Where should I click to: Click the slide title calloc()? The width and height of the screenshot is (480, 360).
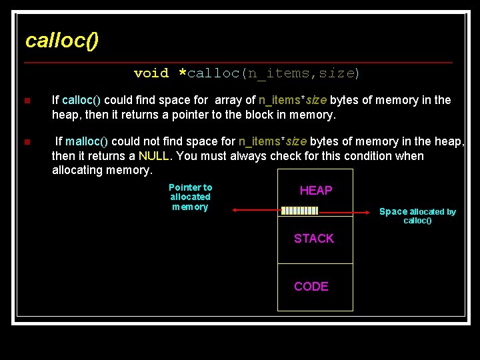tap(61, 41)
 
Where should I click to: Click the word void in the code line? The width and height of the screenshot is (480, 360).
tap(151, 73)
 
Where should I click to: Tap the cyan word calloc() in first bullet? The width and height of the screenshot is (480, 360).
tap(81, 101)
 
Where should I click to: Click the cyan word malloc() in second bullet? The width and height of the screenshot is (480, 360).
tap(83, 141)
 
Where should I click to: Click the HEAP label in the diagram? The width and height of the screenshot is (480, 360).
tap(315, 191)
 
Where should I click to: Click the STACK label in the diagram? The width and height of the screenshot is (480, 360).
tap(314, 239)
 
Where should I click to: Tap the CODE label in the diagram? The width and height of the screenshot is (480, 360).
tap(311, 287)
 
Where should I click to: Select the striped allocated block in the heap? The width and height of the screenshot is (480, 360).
tap(299, 211)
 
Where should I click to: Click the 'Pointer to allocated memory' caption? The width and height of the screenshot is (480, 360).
tap(190, 197)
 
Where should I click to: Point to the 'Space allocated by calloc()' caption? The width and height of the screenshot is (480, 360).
tap(417, 216)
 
